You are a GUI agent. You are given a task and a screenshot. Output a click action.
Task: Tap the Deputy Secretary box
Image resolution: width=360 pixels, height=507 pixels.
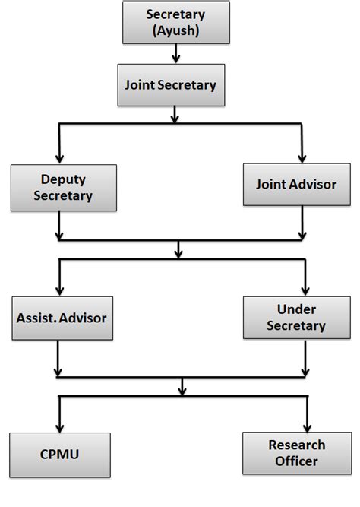[x=64, y=188]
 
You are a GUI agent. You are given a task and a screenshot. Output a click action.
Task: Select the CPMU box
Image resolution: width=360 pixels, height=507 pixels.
[x=60, y=455]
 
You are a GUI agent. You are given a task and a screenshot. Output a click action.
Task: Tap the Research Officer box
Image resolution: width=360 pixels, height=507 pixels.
[x=296, y=452]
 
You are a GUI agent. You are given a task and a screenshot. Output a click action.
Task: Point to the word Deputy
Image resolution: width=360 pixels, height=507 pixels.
[x=64, y=180]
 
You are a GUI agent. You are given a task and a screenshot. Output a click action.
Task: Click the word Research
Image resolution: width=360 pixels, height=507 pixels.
[x=296, y=445]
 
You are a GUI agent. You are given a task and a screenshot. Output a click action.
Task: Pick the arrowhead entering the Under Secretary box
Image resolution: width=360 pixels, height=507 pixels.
[x=305, y=292]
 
